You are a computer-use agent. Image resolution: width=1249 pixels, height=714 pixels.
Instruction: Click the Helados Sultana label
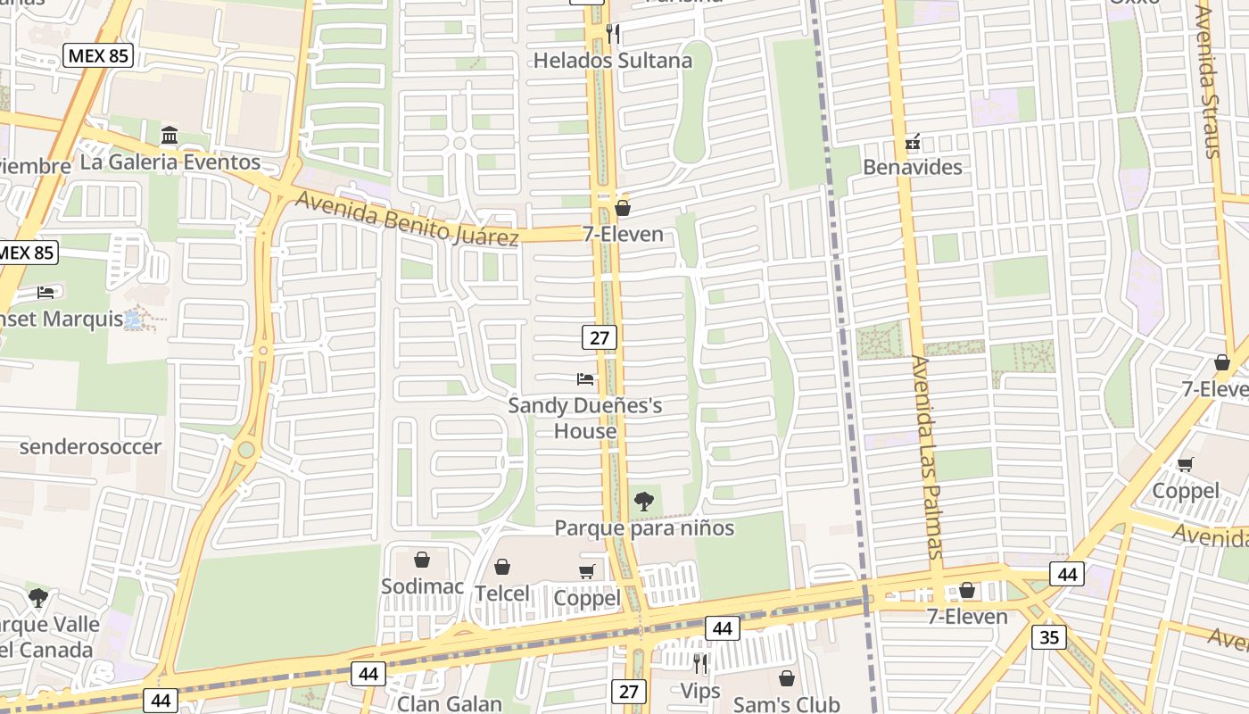(612, 61)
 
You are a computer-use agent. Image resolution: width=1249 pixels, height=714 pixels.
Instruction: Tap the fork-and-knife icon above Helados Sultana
(612, 35)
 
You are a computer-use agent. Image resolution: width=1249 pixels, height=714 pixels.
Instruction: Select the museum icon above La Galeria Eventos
(170, 136)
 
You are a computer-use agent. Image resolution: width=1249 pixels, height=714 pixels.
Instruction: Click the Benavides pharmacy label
(912, 167)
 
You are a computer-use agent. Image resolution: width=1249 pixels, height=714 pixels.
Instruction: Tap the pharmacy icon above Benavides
(912, 142)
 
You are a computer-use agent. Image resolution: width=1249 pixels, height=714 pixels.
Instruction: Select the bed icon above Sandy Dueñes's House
(585, 379)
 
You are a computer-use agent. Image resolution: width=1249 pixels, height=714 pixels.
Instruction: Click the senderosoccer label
(90, 446)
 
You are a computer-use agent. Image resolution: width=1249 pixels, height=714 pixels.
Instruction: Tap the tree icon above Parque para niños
(643, 502)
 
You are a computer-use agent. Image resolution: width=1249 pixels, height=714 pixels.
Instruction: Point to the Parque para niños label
(644, 527)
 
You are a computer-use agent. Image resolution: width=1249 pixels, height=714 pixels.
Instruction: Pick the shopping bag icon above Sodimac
(422, 560)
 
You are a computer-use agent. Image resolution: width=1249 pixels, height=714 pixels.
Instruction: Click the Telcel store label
(501, 593)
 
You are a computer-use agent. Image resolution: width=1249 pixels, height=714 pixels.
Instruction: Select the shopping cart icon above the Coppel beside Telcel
(587, 571)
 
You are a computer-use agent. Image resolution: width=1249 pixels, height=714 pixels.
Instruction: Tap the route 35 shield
(1048, 637)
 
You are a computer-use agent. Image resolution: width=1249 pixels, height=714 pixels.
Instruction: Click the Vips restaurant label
(699, 690)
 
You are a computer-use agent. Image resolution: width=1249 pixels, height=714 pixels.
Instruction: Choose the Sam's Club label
(786, 704)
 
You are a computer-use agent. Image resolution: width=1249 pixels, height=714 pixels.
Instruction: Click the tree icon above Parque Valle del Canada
(37, 597)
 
